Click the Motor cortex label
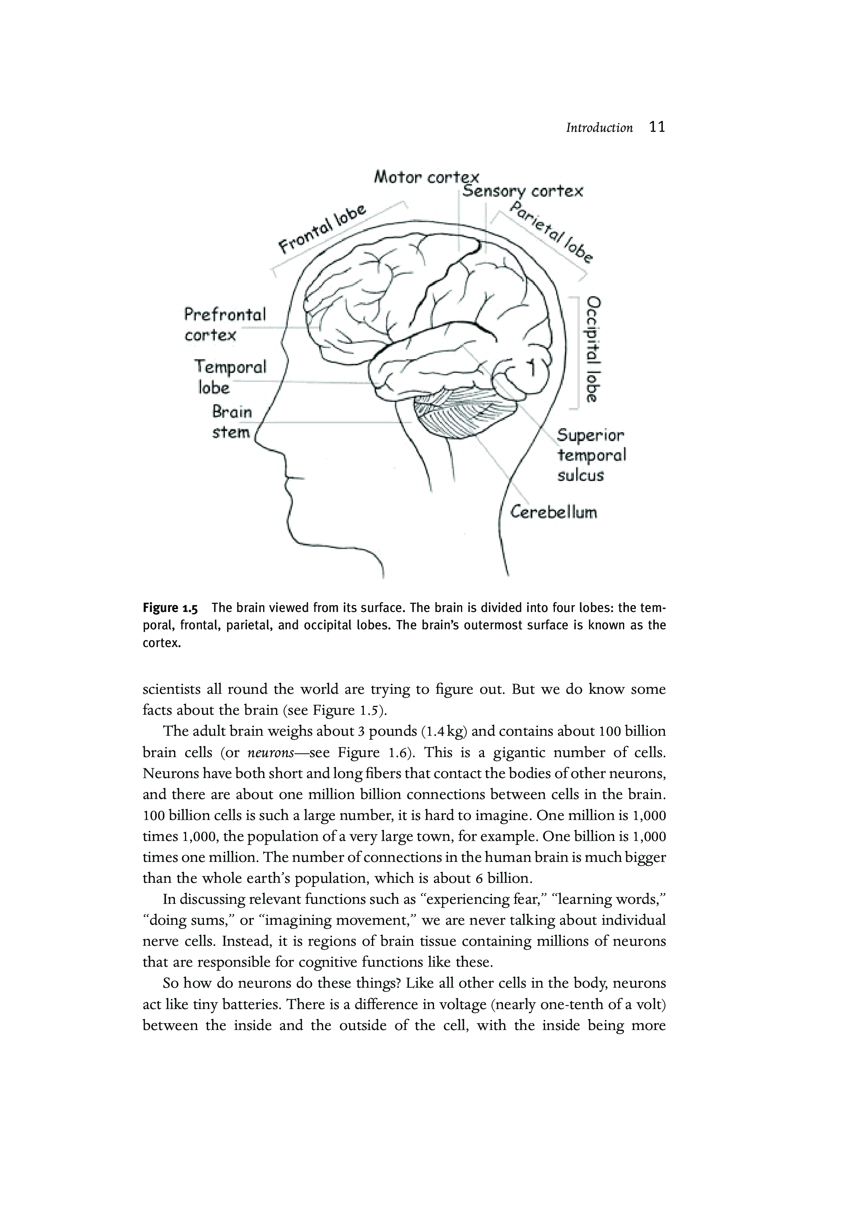tap(426, 177)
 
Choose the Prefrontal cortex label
tap(224, 325)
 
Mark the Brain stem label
tap(231, 421)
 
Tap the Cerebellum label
tap(554, 512)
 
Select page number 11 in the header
tap(657, 127)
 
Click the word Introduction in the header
tap(599, 128)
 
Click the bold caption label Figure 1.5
tap(170, 608)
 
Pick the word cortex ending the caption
tap(161, 643)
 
